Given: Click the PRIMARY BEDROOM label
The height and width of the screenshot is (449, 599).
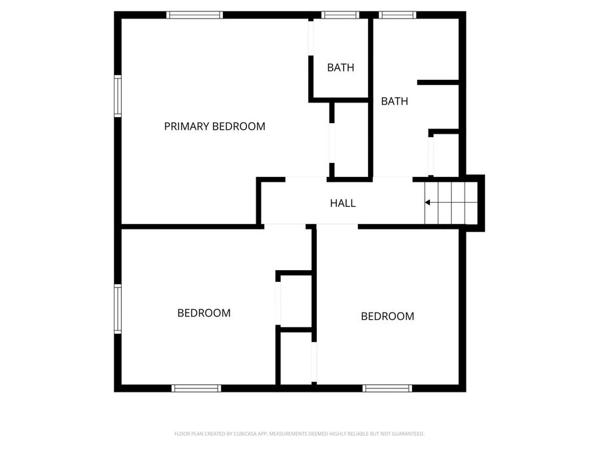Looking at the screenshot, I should coord(214,126).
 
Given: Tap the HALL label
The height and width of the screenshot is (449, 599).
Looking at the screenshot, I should coord(343,203).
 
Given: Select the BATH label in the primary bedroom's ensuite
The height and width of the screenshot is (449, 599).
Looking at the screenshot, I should coord(340,67).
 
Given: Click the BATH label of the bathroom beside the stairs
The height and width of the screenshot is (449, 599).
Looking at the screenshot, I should coord(394,101).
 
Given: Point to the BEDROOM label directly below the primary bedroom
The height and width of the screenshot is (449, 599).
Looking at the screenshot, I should coord(204,313).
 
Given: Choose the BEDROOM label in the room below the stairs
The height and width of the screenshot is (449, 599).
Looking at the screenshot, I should coord(387,316).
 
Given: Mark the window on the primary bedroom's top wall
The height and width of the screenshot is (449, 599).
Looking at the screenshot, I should coord(194,15).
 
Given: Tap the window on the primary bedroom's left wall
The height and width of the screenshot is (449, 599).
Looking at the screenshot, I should coord(118,96).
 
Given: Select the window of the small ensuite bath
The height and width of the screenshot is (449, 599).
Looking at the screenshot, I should coord(340,15).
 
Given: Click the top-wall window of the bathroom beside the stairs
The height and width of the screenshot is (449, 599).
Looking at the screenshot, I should coord(398,15).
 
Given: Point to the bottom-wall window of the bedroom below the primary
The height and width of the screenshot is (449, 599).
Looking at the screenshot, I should coord(196,388).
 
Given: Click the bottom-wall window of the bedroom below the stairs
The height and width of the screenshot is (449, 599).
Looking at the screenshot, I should coord(387,388).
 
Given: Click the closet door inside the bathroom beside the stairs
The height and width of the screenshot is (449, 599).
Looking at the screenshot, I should coord(431,154).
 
